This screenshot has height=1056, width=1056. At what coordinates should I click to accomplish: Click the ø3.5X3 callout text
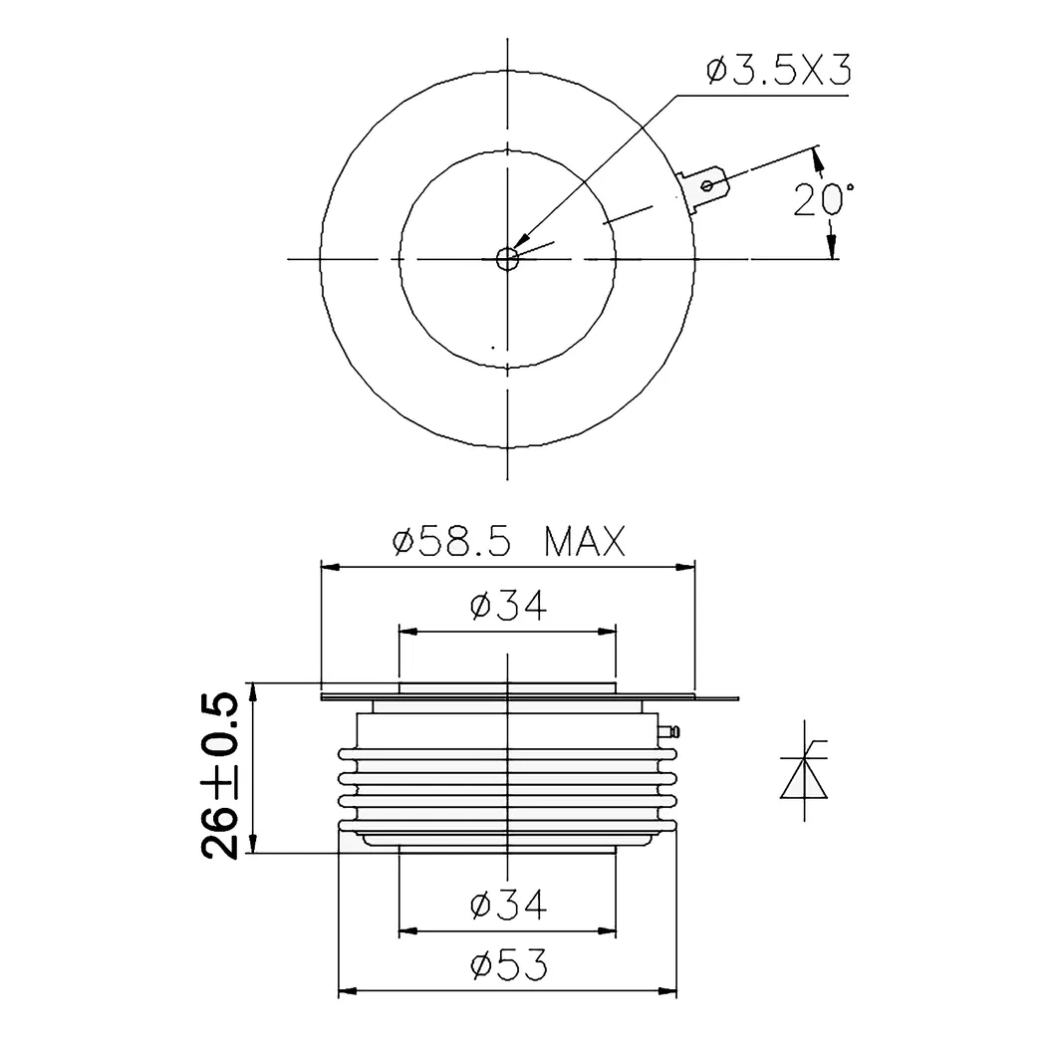point(778,72)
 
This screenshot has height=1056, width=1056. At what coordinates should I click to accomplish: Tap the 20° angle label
point(823,200)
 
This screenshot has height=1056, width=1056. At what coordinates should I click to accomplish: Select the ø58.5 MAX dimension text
point(508,543)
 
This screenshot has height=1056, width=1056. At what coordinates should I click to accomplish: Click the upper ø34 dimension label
point(507,606)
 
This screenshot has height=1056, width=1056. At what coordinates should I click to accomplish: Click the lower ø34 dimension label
point(507,906)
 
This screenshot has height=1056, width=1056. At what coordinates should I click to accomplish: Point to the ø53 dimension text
point(507,965)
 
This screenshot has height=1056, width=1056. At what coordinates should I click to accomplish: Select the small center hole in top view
point(507,259)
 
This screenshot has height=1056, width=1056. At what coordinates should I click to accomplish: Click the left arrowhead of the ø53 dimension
point(347,991)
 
